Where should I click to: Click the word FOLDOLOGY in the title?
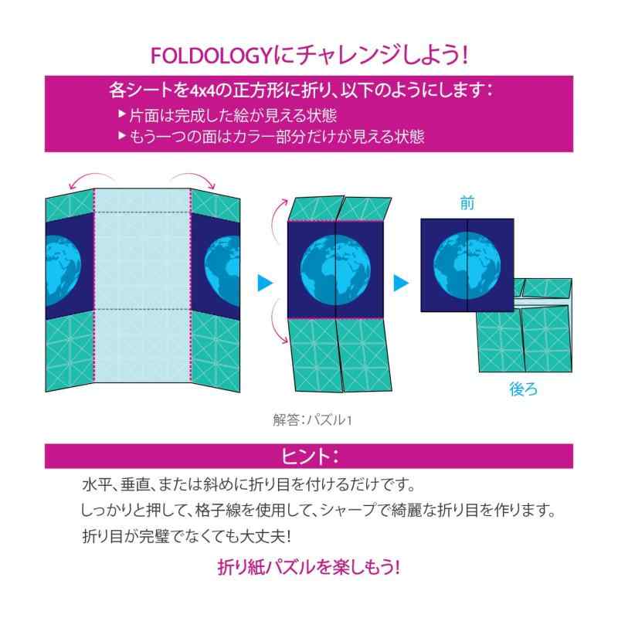pyautogui.click(x=210, y=56)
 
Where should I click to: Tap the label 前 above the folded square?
pyautogui.click(x=467, y=203)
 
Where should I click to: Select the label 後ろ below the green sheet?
pyautogui.click(x=523, y=389)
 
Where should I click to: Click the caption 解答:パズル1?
pyautogui.click(x=312, y=420)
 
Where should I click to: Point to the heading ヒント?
pyautogui.click(x=309, y=457)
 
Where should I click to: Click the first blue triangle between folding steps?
pyautogui.click(x=265, y=283)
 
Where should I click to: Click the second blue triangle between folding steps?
pyautogui.click(x=401, y=283)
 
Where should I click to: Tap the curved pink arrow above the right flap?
pyautogui.click(x=193, y=176)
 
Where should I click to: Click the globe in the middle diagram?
pyautogui.click(x=335, y=270)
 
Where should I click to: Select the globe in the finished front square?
pyautogui.click(x=467, y=265)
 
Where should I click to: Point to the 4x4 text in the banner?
pyautogui.click(x=203, y=91)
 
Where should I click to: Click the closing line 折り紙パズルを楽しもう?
pyautogui.click(x=309, y=567)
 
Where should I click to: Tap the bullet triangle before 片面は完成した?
pyautogui.click(x=122, y=114)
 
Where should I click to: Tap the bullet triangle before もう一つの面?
pyautogui.click(x=122, y=136)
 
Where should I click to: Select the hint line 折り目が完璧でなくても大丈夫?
pyautogui.click(x=187, y=536)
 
